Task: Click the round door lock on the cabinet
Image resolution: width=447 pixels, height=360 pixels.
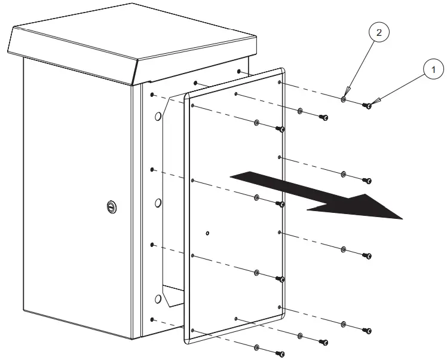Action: (111, 206)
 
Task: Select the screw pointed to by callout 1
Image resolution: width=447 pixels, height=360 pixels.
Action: (368, 106)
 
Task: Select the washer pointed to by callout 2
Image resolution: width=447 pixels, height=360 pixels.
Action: (344, 100)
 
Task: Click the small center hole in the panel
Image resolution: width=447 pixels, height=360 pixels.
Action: (207, 233)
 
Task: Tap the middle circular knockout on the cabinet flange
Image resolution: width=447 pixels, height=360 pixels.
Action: (158, 203)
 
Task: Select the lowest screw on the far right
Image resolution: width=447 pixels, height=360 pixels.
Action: (368, 330)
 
